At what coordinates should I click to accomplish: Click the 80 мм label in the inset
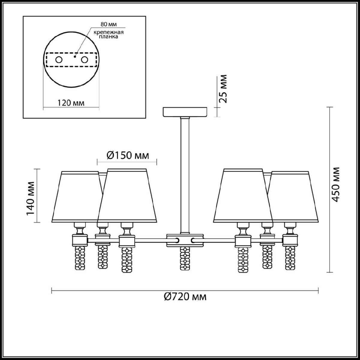(x=109, y=24)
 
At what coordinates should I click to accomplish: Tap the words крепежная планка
(x=109, y=34)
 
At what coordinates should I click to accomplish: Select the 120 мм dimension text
(x=71, y=103)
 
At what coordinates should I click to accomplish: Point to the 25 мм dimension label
(x=223, y=89)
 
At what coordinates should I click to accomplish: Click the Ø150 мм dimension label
(x=128, y=155)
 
